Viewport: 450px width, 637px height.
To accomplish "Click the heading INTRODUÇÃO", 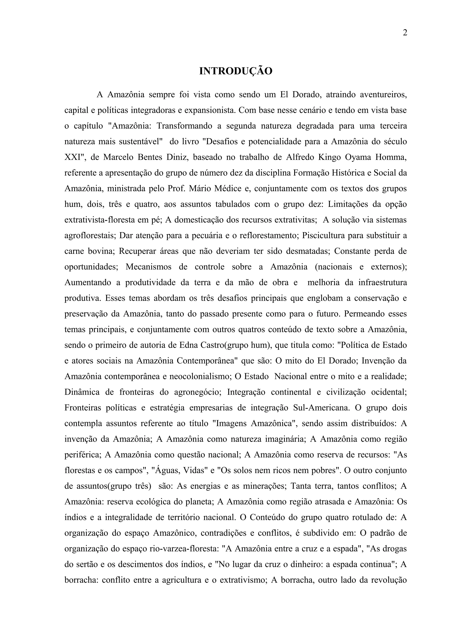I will tap(236, 71).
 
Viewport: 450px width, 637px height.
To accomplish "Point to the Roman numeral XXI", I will tap(73, 157).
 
